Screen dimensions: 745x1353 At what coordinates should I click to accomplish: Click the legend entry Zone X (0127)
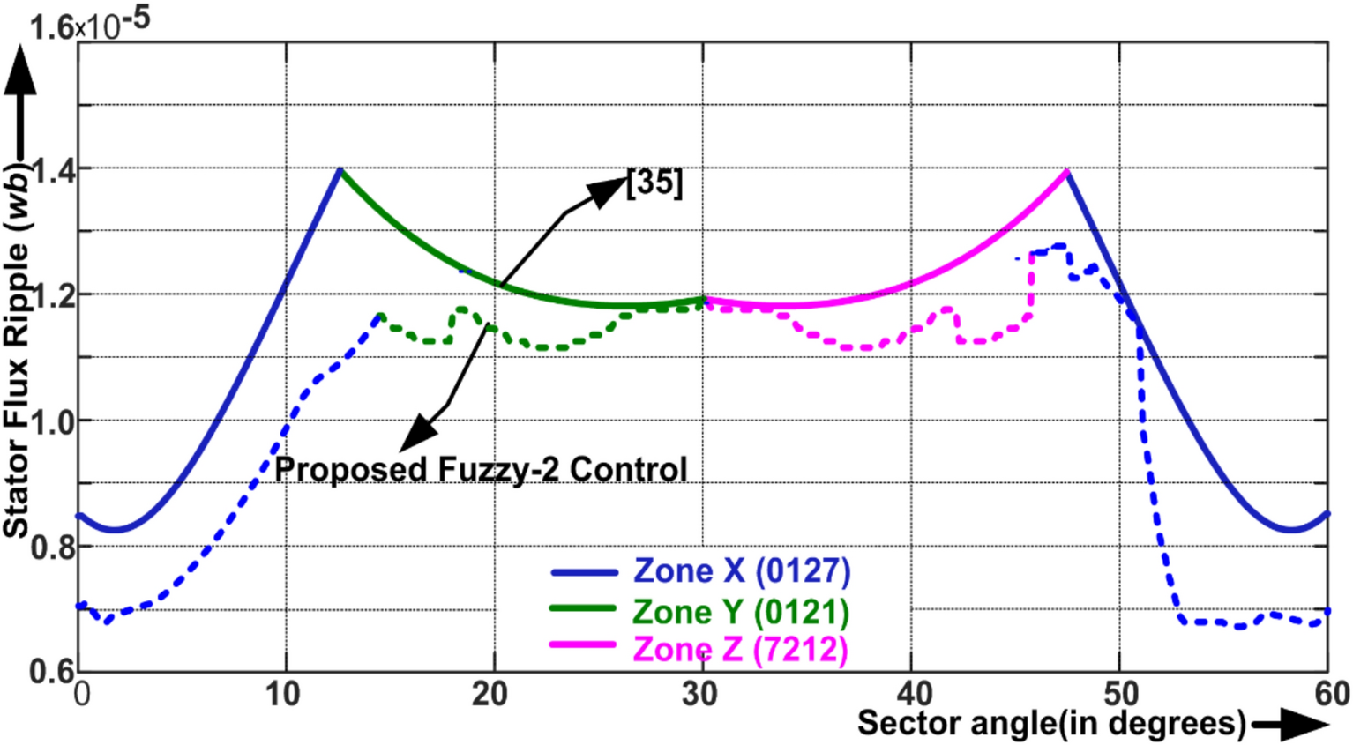(x=741, y=571)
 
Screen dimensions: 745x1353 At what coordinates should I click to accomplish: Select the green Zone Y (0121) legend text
(x=740, y=611)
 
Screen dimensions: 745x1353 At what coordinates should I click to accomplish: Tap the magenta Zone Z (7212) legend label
(x=740, y=650)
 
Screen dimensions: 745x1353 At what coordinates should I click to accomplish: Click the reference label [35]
(x=654, y=183)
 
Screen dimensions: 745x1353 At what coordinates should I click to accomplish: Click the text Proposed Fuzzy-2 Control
(x=481, y=469)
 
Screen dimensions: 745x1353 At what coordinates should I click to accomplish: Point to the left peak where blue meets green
(x=340, y=170)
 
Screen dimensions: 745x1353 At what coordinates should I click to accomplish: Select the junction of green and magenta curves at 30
(x=703, y=301)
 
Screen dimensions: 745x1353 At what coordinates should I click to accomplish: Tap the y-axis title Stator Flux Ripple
(x=18, y=353)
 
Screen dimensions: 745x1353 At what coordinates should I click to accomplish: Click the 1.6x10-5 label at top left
(x=88, y=24)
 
